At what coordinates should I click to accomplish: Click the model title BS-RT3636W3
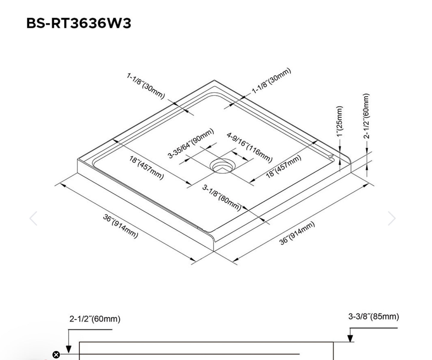point(79,23)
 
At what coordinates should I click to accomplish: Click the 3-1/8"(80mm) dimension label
point(222,198)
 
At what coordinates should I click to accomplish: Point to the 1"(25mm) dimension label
point(340,121)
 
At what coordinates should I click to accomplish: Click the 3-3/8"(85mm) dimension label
point(373,316)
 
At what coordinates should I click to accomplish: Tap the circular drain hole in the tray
point(222,165)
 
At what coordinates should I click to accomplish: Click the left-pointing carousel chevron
point(33,218)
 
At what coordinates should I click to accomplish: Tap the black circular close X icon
point(56,355)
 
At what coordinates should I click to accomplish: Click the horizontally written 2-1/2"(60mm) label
point(95,319)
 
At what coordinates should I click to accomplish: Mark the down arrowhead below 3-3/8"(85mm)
point(350,338)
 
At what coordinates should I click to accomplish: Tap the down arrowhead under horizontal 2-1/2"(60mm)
point(68,349)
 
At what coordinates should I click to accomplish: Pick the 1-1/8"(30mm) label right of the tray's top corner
point(271,81)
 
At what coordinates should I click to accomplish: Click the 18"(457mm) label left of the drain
point(146,168)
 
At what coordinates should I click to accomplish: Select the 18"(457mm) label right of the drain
point(283,167)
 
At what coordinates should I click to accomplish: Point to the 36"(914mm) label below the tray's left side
point(120,226)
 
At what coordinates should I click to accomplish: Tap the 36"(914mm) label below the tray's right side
point(297,233)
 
